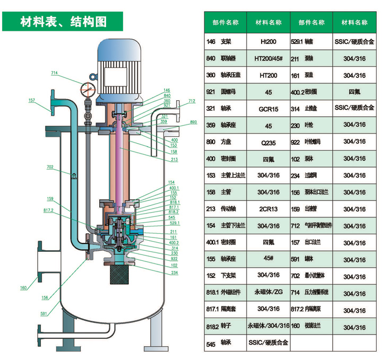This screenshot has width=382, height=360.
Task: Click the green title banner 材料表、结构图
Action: click(x=63, y=22)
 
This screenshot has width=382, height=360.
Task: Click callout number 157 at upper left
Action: click(x=31, y=100)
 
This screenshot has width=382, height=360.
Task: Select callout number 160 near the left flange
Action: click(x=23, y=288)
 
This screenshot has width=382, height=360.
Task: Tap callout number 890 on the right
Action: click(x=193, y=122)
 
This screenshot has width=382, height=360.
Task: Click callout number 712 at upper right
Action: click(x=192, y=101)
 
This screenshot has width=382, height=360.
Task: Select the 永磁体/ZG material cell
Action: click(x=268, y=293)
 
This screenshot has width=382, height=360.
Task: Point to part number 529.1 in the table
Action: click(x=296, y=41)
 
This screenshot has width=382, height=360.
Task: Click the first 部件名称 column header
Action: click(x=225, y=23)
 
